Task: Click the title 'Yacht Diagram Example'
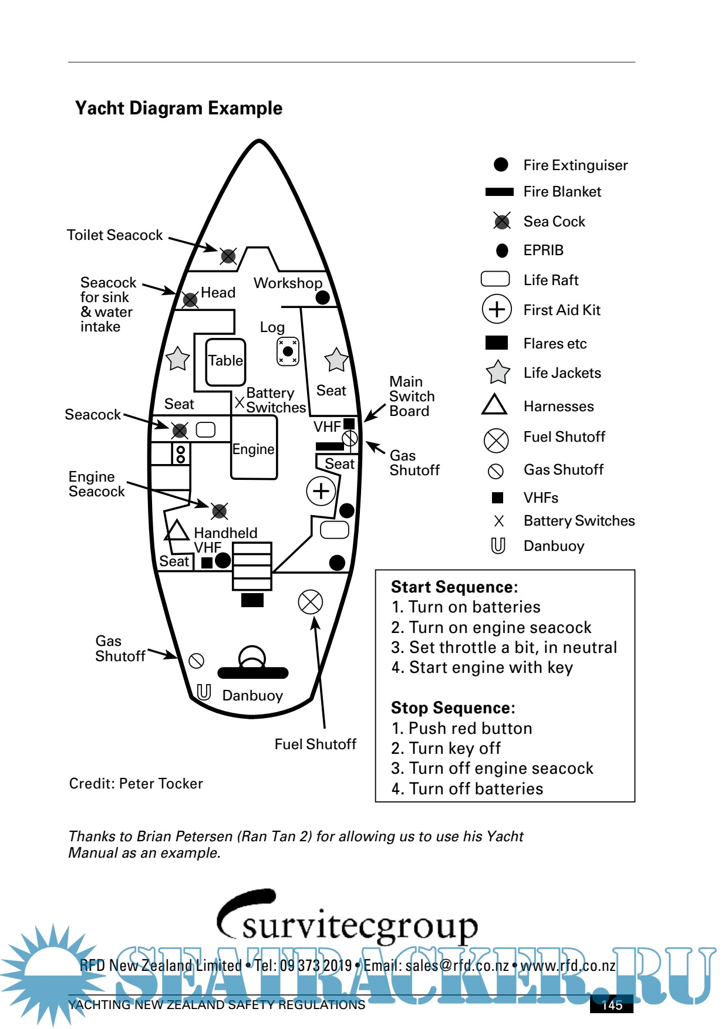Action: (x=178, y=108)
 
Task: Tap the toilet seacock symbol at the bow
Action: (x=228, y=256)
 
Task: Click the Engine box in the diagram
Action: (x=254, y=448)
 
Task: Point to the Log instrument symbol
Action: (x=288, y=351)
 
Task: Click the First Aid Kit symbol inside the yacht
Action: (x=321, y=490)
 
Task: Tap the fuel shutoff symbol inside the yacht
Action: (x=311, y=601)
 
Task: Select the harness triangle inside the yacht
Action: (x=176, y=530)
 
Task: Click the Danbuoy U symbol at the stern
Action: (x=204, y=692)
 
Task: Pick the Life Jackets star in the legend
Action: (x=497, y=373)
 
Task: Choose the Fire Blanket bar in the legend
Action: (x=499, y=192)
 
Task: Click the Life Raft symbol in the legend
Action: (x=495, y=279)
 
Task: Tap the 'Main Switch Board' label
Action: (x=412, y=397)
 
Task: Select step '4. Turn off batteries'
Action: (x=467, y=788)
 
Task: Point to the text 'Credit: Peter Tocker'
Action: (x=136, y=783)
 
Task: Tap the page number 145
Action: (x=612, y=1005)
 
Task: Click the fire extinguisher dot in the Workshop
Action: (x=322, y=297)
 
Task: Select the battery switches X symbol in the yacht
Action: (x=240, y=402)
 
